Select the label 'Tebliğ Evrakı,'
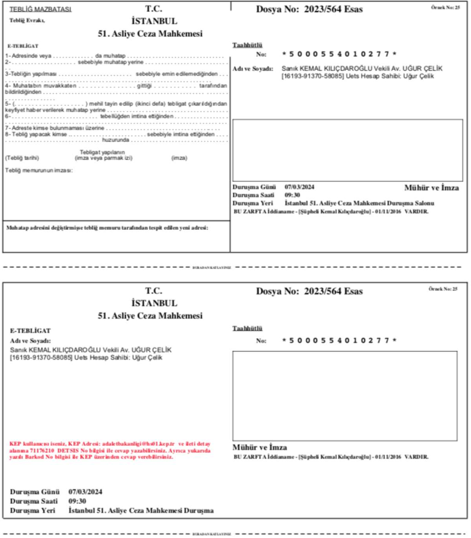click(x=27, y=20)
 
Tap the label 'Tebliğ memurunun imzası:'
click(x=39, y=171)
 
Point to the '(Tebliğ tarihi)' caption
click(x=22, y=158)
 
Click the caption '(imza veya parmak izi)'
click(x=104, y=158)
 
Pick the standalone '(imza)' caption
click(x=179, y=158)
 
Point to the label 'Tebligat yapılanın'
click(x=102, y=152)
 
